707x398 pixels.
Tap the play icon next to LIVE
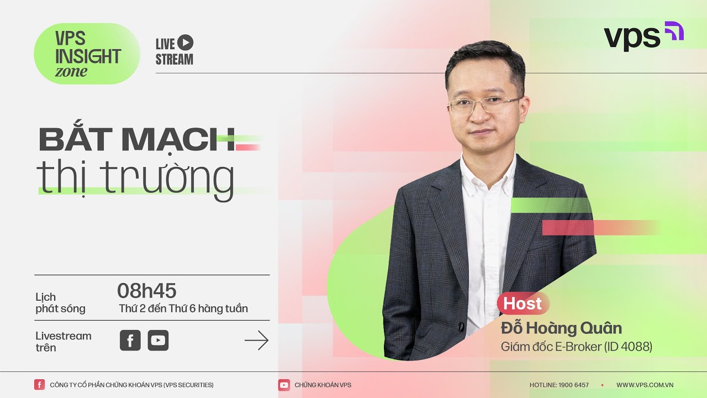point(186,43)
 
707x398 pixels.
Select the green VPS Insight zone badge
point(87,54)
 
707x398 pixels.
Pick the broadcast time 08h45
point(146,290)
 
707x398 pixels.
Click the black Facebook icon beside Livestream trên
point(130,341)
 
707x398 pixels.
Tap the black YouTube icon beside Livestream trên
point(158,341)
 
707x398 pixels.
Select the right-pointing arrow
point(256,341)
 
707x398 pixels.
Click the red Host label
point(523,303)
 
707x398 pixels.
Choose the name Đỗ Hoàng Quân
point(561,328)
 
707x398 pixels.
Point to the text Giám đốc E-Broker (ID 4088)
point(577,347)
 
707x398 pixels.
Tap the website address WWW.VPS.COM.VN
point(645,385)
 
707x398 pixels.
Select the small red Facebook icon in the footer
point(39,385)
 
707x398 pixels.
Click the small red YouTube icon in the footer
point(284,385)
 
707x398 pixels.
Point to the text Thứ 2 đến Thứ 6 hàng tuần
point(183,308)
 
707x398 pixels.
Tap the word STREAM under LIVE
point(175,60)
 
